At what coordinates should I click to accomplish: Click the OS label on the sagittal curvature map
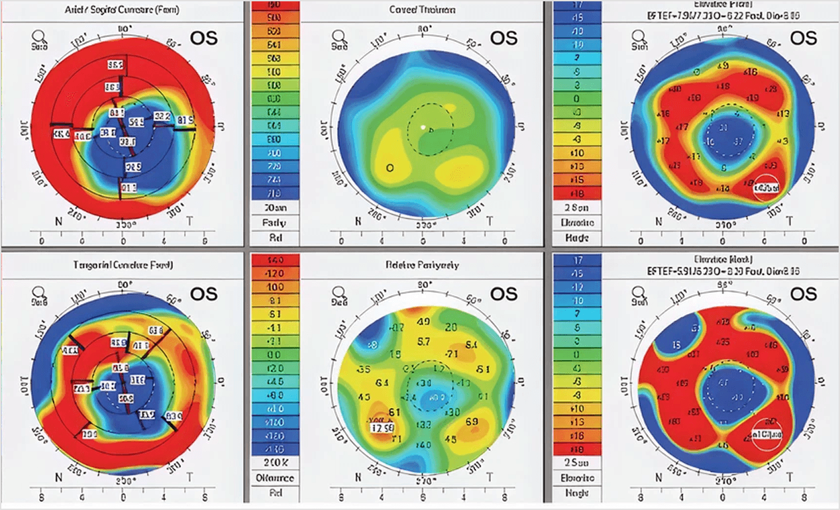point(204,38)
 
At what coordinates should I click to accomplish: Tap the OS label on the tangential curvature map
point(204,293)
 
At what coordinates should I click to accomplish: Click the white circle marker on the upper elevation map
point(767,187)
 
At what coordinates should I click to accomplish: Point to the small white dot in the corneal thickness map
point(423,126)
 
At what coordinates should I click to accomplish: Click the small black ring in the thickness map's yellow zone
point(389,168)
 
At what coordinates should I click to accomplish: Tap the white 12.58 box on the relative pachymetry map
point(382,428)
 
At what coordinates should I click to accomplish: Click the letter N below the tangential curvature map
point(59,476)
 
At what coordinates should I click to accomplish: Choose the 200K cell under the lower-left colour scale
point(275,462)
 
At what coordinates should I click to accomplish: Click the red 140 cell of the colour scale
point(275,260)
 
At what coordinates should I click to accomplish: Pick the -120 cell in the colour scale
point(275,274)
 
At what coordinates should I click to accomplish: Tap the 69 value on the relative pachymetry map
point(472,421)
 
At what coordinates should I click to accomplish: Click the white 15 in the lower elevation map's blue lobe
point(676,345)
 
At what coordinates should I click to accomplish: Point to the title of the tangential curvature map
point(124,266)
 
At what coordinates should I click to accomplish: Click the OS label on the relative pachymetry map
point(504,293)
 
